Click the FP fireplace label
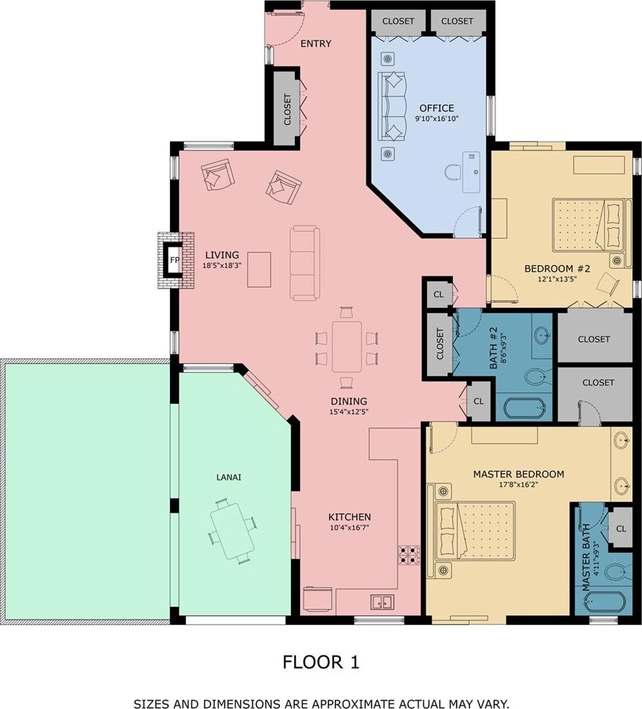coord(174,260)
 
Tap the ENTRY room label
coord(316,43)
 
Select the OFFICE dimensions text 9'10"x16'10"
coord(437,119)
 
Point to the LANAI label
coord(228,477)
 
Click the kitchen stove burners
coord(409,555)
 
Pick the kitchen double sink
coord(382,602)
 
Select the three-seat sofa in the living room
coord(305,263)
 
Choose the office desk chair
coord(453,173)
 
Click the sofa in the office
coord(392,107)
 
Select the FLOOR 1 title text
coord(321,662)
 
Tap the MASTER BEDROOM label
coord(518,474)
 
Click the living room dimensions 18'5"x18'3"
coord(222,265)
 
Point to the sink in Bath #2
coord(542,335)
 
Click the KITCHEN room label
coord(350,517)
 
